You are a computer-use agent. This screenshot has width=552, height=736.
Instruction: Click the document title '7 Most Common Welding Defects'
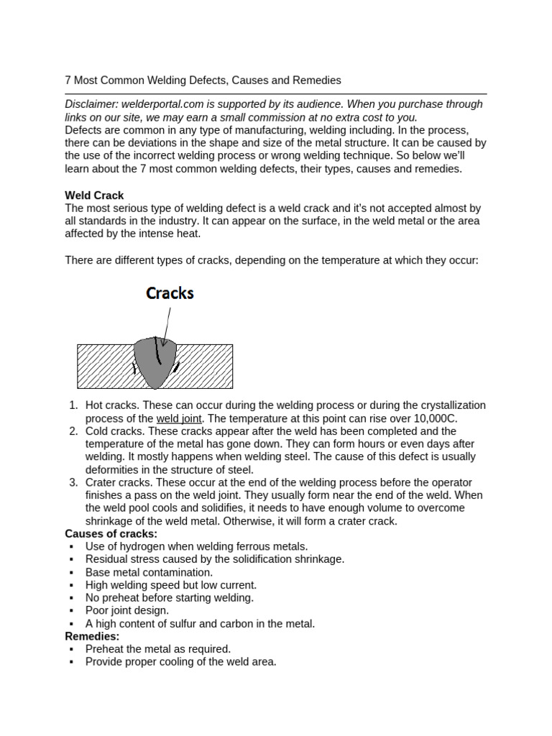[x=203, y=80]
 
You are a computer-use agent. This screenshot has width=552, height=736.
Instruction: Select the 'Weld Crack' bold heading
[x=94, y=195]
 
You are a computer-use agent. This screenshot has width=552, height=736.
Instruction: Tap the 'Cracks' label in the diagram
[x=170, y=293]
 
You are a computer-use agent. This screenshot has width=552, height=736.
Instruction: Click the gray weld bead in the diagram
[x=155, y=363]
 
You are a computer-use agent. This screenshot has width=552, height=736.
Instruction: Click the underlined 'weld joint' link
[x=179, y=418]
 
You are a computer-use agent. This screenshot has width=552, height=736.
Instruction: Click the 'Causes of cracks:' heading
[x=111, y=534]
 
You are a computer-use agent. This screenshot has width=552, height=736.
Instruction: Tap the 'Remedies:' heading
[x=92, y=636]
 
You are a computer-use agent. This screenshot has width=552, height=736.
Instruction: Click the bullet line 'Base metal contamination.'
[x=149, y=573]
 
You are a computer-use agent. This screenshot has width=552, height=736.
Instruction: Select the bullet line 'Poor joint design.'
[x=127, y=611]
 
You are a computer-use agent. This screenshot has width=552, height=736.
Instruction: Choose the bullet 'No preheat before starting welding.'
[x=169, y=598]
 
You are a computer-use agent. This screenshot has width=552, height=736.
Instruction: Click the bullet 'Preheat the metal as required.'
[x=157, y=649]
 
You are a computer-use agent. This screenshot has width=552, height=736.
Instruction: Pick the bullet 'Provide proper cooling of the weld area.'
[x=180, y=662]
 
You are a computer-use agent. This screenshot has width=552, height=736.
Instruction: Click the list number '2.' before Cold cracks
[x=73, y=431]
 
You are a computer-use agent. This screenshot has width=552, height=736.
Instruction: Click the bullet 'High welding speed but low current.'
[x=170, y=585]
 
